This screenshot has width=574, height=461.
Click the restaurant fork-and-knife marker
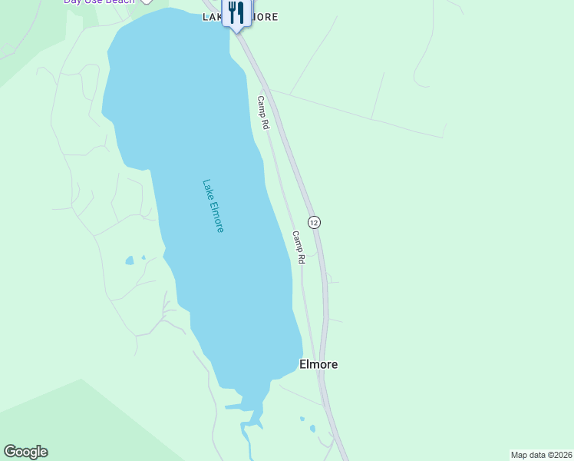coord(236,13)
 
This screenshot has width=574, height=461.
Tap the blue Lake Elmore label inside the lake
coord(213,206)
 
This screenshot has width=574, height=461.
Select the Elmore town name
coord(318,364)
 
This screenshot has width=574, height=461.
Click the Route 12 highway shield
coord(314,222)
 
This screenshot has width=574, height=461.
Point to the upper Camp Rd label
coord(263,112)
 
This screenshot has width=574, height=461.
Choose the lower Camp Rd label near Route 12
coord(299,247)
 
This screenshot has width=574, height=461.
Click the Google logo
coord(25,452)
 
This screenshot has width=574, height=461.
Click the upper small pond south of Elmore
coord(302,420)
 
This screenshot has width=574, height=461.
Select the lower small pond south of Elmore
coord(312,429)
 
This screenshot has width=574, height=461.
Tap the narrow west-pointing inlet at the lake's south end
coord(233,406)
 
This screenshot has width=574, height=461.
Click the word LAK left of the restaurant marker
coord(212,16)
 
